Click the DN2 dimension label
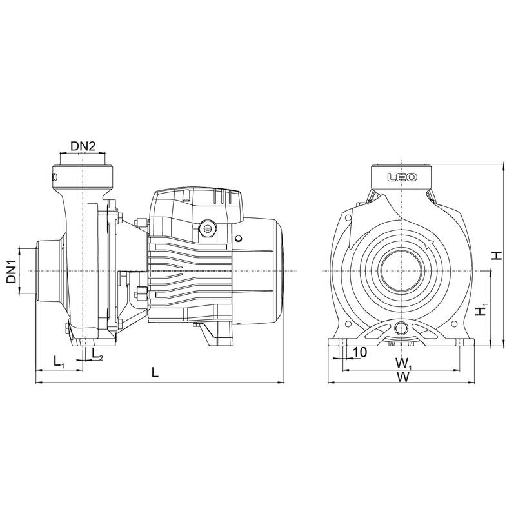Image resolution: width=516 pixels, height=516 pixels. coord(83,146)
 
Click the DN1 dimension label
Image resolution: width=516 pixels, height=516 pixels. coord(12,271)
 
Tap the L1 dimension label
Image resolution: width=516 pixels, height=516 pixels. coord(59,362)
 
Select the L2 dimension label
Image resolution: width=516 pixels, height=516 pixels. coord(97,353)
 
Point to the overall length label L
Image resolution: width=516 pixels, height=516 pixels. coord(155,373)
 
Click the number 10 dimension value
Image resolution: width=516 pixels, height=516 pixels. coord(360,352)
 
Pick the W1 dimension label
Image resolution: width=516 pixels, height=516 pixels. coord(404,364)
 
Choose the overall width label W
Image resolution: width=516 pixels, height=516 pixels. coord(402,377)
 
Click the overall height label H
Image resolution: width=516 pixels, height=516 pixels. coord(497,255)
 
